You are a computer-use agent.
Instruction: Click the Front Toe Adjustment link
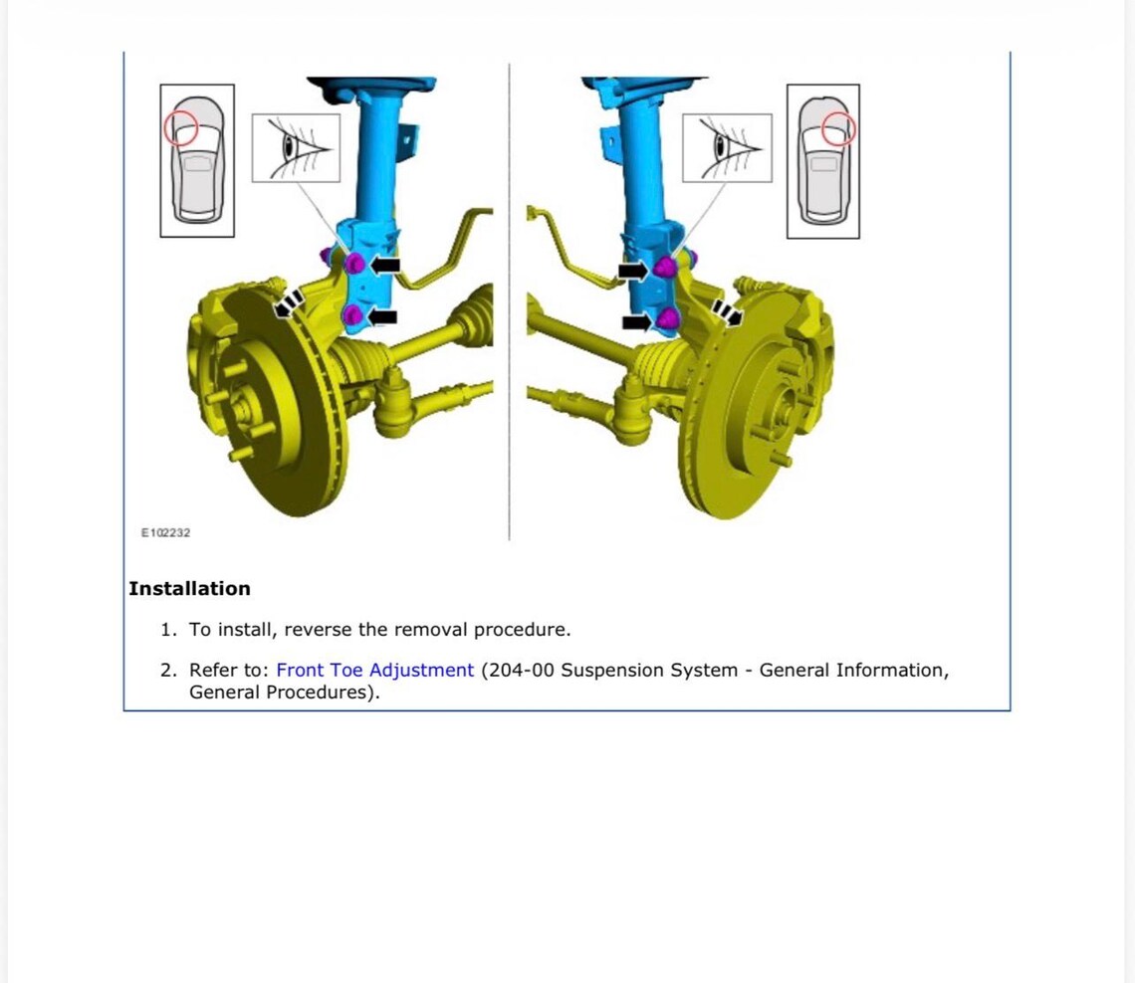pos(375,670)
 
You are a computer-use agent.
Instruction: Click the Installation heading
pos(189,588)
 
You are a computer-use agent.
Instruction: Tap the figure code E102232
pos(165,532)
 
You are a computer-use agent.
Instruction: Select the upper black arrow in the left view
pos(385,265)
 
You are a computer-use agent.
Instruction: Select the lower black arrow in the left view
pos(381,316)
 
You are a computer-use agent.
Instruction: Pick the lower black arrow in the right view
pos(637,321)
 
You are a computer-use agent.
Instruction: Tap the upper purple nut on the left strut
pos(354,264)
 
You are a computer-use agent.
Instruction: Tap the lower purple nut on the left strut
pos(352,315)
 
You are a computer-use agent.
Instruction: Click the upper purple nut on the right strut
pos(665,268)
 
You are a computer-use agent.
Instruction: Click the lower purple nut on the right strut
pos(667,318)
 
